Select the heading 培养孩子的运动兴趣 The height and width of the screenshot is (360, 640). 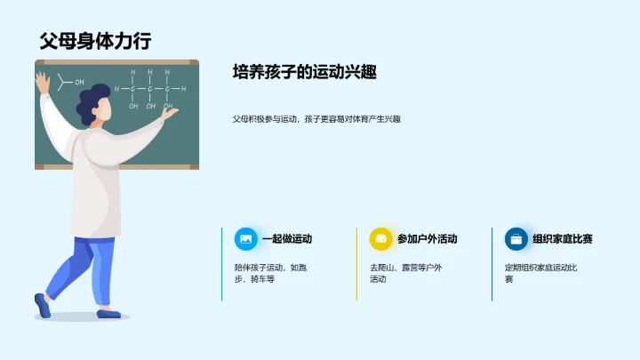pyautogui.click(x=304, y=72)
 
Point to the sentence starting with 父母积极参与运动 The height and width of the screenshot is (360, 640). pyautogui.click(x=316, y=118)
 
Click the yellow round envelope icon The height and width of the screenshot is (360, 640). pyautogui.click(x=380, y=239)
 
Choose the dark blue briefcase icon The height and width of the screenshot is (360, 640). pyautogui.click(x=516, y=239)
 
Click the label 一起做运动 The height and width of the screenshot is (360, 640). pyautogui.click(x=286, y=239)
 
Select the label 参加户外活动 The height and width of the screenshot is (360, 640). pyautogui.click(x=427, y=239)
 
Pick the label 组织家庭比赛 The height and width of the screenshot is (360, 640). pyautogui.click(x=562, y=239)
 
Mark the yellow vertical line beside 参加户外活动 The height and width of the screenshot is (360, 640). pyautogui.click(x=357, y=263)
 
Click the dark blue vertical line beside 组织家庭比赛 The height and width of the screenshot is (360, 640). pyautogui.click(x=492, y=263)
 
